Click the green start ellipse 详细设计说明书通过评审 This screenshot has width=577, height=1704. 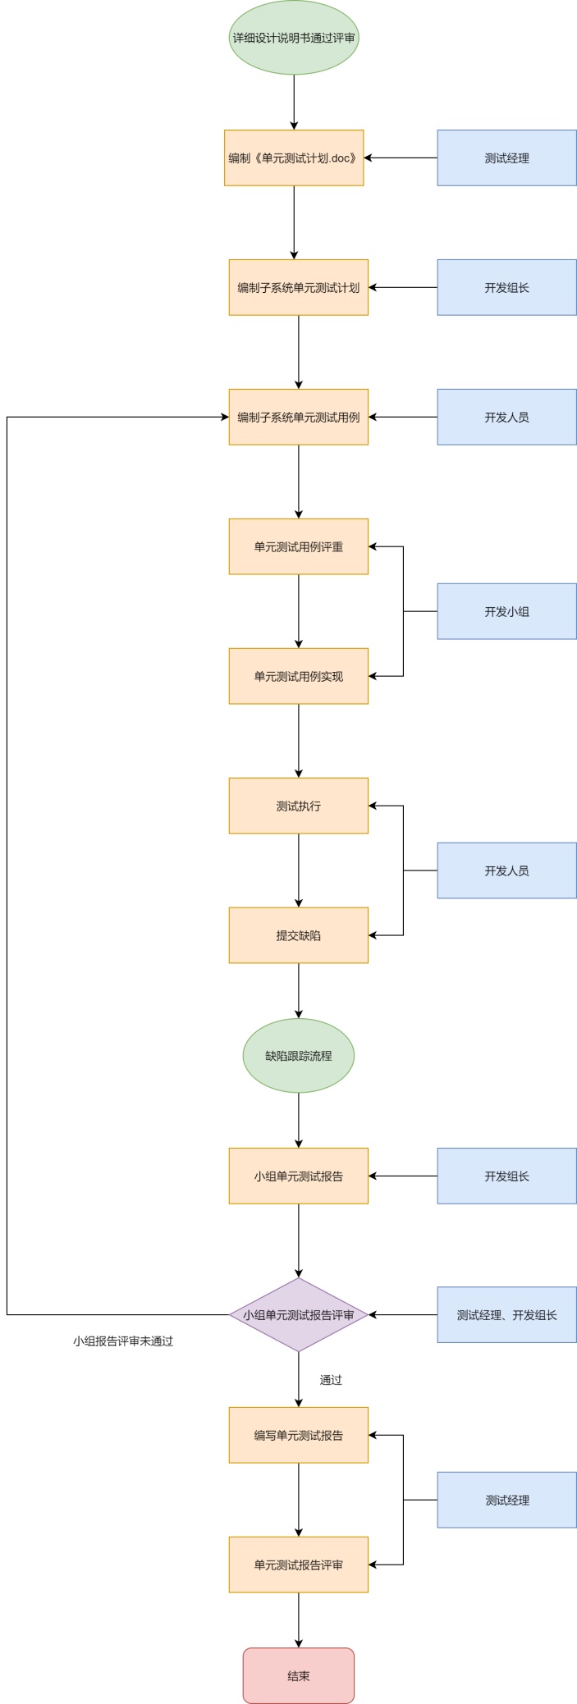(293, 38)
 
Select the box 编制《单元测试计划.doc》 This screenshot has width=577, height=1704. (293, 158)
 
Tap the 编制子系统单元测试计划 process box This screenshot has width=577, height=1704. (298, 287)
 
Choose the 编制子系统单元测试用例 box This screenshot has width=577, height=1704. (298, 417)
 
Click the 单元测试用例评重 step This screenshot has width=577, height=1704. (298, 546)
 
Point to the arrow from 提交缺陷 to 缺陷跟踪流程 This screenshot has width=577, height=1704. (298, 990)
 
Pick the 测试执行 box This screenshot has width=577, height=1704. (298, 806)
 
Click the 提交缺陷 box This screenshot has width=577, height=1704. (298, 935)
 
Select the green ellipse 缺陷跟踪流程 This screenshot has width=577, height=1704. (298, 1055)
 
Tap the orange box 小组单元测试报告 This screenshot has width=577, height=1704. (298, 1176)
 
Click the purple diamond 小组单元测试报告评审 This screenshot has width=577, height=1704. (298, 1314)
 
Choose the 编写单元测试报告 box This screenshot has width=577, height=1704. (298, 1435)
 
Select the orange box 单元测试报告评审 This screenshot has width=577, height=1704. (298, 1565)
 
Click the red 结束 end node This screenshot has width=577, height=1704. (298, 1675)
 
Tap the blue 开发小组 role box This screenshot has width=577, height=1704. (506, 611)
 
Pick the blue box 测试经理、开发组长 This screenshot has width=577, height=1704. (506, 1314)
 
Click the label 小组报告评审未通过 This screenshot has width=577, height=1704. (123, 1341)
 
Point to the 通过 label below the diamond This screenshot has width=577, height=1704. (331, 1380)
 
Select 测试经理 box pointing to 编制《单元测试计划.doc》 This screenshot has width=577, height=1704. (506, 158)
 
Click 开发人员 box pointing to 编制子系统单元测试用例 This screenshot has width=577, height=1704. (506, 417)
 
